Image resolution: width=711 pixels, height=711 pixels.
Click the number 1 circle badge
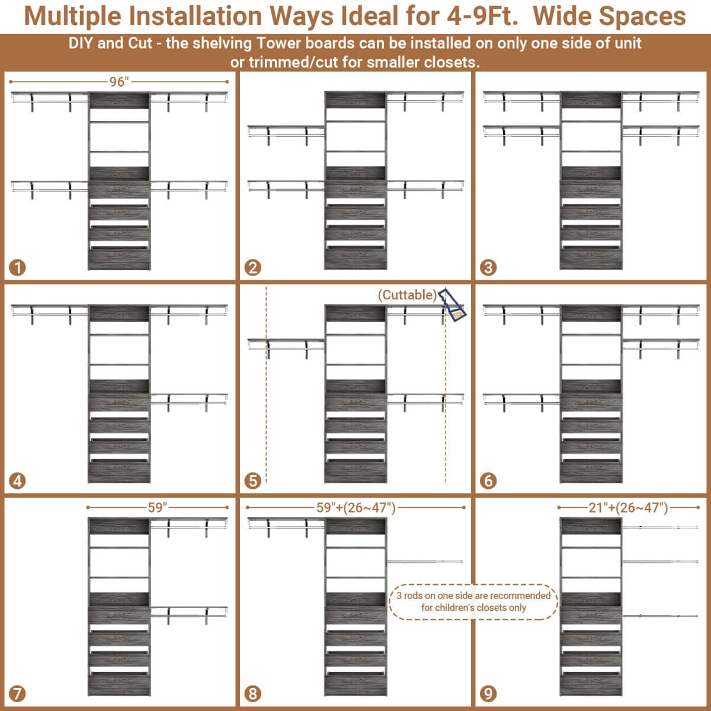(x=18, y=268)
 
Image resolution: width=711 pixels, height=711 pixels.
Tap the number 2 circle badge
(x=253, y=268)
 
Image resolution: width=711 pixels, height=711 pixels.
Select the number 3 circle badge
(x=488, y=268)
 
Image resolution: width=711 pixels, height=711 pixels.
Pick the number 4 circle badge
(x=18, y=481)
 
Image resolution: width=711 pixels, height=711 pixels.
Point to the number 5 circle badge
(x=253, y=481)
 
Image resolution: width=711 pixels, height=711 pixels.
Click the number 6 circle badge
(x=488, y=481)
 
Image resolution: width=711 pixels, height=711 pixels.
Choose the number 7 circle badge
(x=18, y=693)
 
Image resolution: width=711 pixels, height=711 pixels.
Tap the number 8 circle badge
(x=253, y=693)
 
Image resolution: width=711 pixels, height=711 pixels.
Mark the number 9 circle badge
(x=488, y=693)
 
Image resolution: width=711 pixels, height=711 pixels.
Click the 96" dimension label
(x=118, y=82)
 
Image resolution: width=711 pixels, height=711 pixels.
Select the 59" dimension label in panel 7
(x=157, y=507)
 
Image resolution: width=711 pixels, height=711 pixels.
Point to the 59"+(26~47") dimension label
(x=355, y=507)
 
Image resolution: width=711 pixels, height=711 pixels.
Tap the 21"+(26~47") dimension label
(x=628, y=507)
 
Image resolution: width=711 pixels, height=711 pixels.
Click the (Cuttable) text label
(x=408, y=294)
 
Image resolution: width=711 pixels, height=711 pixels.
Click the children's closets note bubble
(x=473, y=601)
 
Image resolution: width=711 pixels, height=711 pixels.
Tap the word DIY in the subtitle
(x=81, y=43)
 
